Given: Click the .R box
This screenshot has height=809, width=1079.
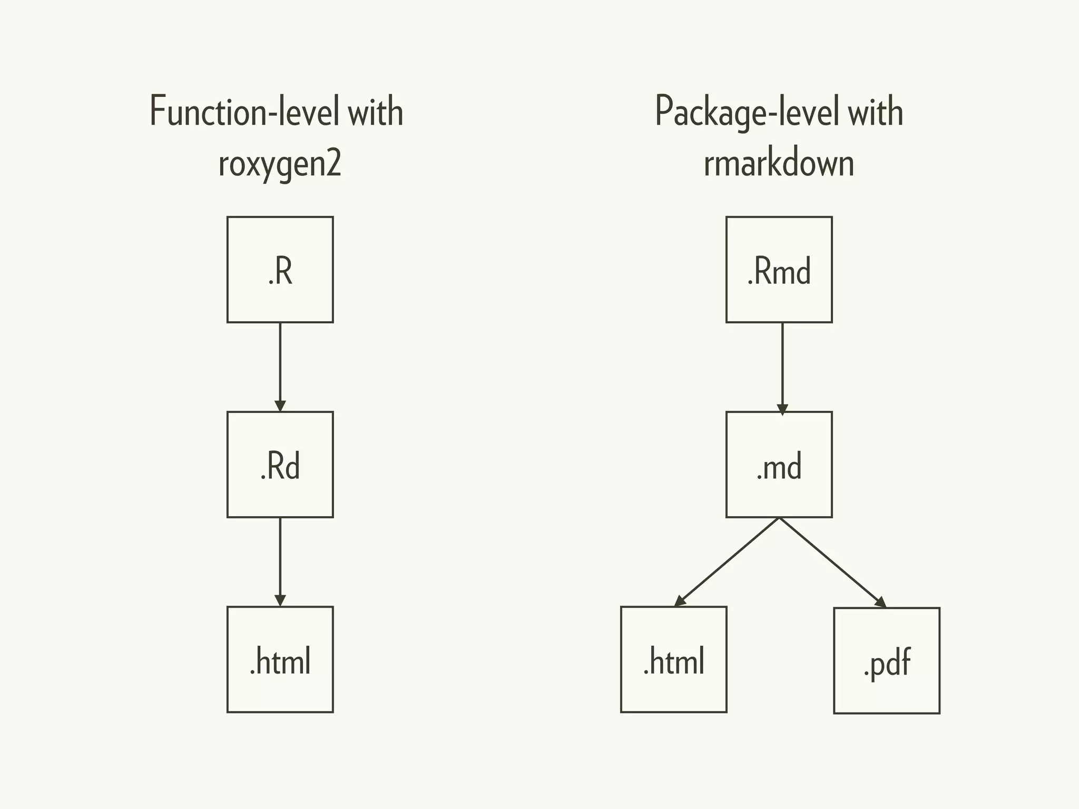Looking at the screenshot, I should (x=280, y=270).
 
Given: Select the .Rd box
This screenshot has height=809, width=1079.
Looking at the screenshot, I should (x=280, y=465).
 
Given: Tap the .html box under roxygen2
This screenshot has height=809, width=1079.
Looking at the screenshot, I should (x=280, y=659).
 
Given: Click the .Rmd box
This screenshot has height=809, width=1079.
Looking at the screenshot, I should (x=779, y=270).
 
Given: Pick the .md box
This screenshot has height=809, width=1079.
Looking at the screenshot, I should (x=779, y=465).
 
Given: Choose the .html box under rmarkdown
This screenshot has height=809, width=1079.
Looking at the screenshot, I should (x=673, y=659).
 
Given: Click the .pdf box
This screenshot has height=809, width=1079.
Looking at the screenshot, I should (x=886, y=661).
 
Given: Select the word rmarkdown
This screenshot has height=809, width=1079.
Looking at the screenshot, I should (x=779, y=163).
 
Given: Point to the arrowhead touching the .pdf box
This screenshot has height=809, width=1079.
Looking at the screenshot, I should (x=880, y=602).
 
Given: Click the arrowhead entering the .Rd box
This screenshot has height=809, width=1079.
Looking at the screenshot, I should (x=280, y=406).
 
